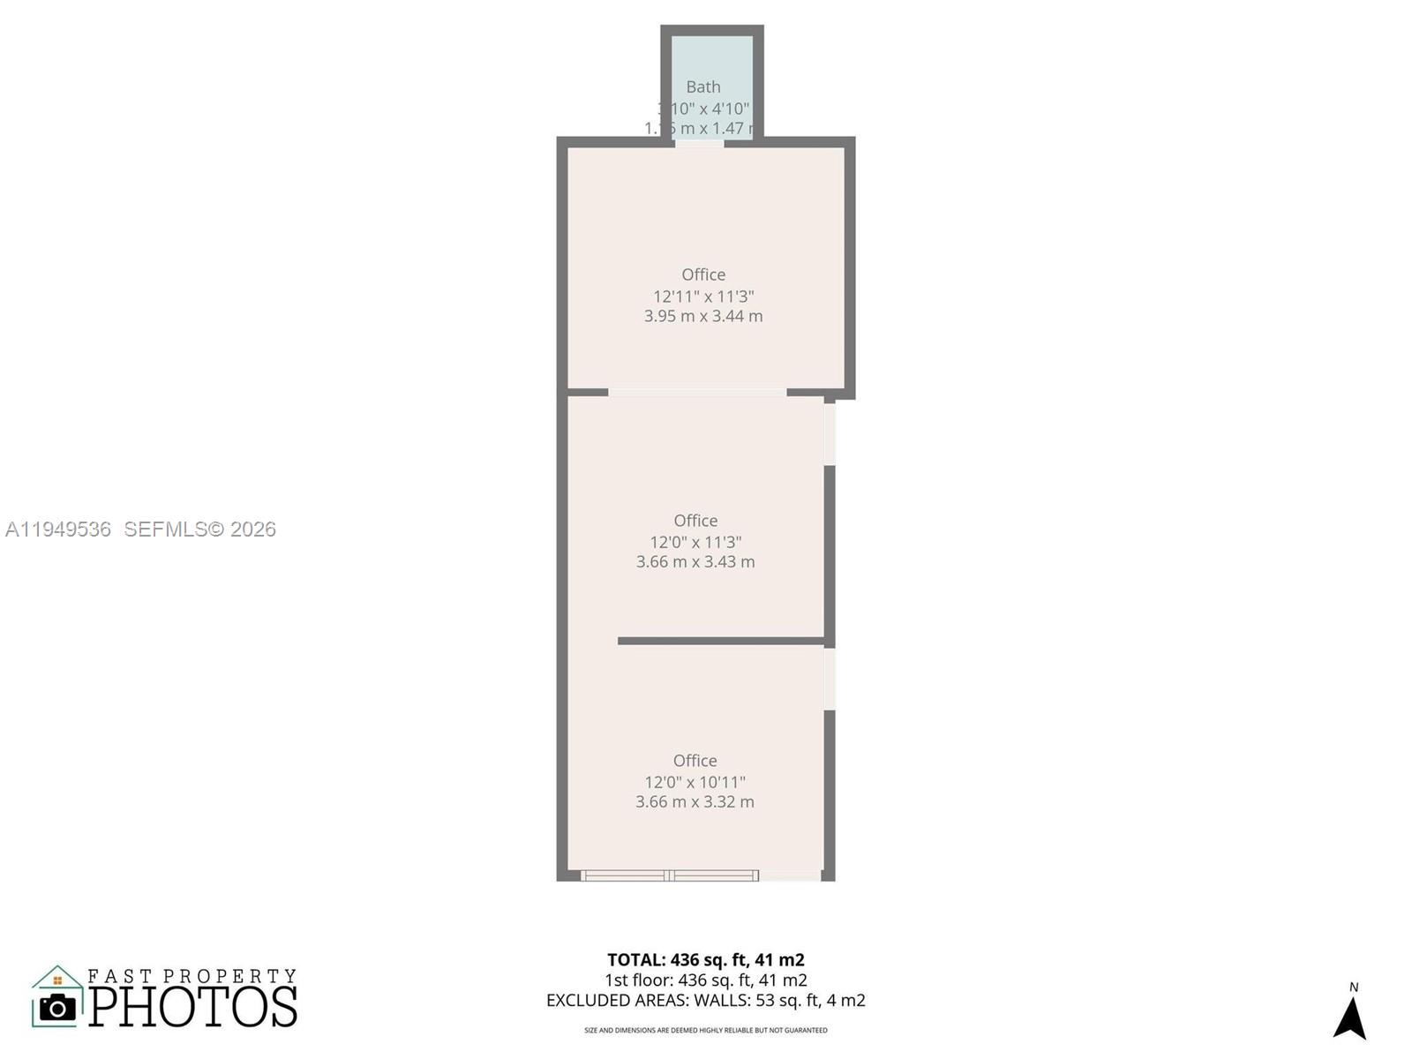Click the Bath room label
703,86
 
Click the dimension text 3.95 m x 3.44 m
703,316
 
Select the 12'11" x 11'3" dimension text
703,297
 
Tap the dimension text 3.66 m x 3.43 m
695,561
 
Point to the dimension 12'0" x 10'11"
695,782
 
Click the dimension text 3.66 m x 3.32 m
695,801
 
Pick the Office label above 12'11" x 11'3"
703,274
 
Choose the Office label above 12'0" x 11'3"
695,521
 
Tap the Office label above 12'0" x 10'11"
695,761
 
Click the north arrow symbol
1350,1018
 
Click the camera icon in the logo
58,1007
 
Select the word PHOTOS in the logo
193,1007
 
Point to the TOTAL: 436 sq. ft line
706,959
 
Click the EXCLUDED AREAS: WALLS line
706,1000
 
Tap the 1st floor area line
706,980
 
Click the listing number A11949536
58,529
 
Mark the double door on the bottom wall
670,875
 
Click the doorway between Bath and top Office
700,143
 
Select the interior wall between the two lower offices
721,641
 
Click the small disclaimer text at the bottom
706,1030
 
